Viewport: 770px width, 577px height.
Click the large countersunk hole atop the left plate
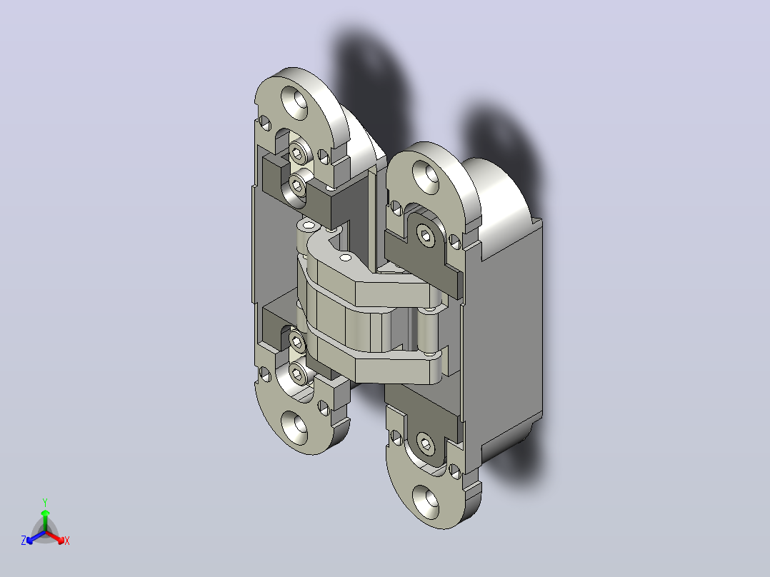294,102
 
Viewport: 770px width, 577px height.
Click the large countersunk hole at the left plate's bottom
294,427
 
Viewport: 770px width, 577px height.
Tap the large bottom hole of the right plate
426,502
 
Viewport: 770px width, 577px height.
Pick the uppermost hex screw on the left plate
298,154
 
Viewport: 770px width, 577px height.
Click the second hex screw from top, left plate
296,185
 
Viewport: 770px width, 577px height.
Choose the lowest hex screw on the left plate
296,375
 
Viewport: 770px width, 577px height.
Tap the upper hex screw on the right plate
425,236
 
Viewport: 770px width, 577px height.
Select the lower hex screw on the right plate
426,446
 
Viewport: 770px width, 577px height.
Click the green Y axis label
45,502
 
